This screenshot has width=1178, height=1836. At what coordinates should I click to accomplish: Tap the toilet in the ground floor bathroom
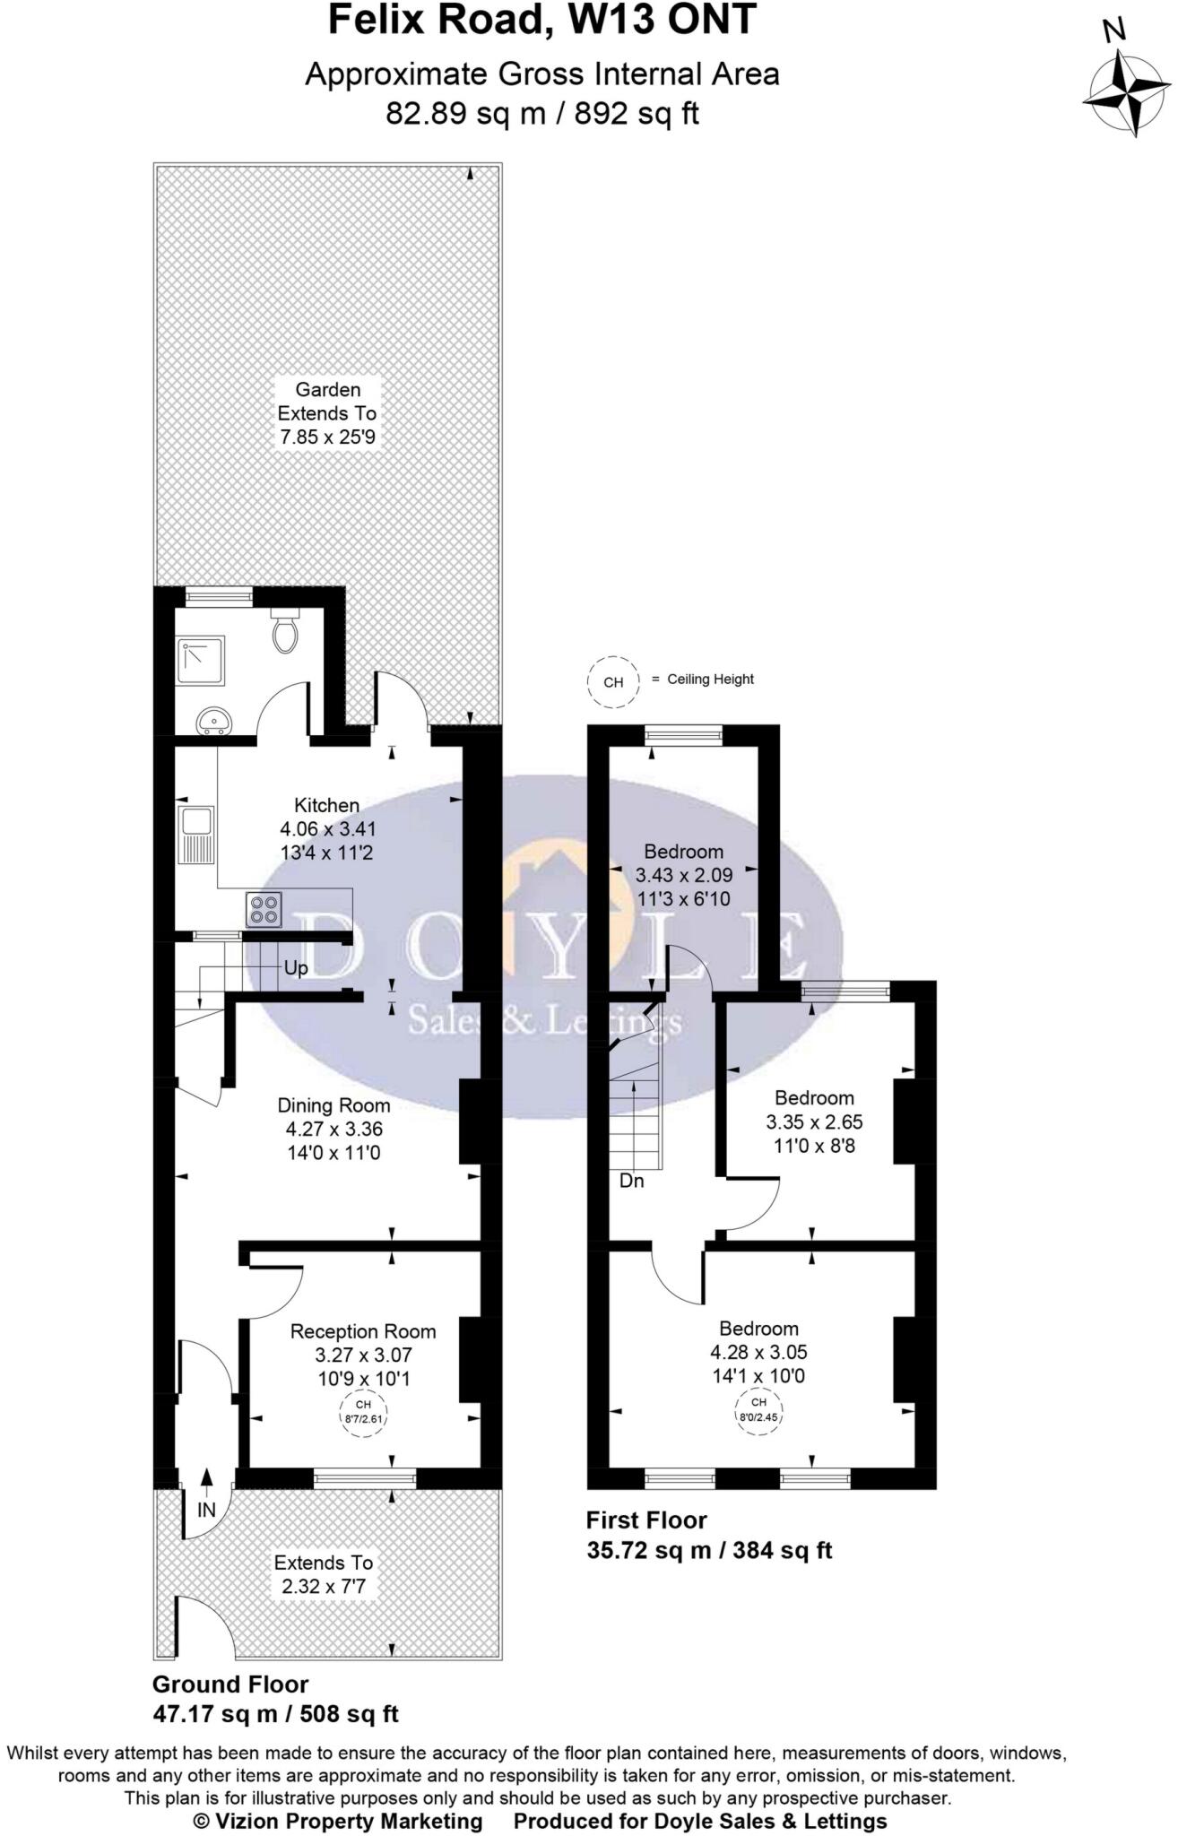pyautogui.click(x=285, y=632)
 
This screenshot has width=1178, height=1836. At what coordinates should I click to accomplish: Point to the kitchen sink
pyautogui.click(x=196, y=835)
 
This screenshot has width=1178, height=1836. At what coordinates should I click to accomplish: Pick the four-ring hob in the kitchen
pyautogui.click(x=264, y=910)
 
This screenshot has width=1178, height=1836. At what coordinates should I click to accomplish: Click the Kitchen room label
pyautogui.click(x=327, y=805)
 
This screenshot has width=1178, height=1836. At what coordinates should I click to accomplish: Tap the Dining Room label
pyautogui.click(x=333, y=1105)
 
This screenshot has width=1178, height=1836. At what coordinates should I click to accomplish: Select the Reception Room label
pyautogui.click(x=363, y=1331)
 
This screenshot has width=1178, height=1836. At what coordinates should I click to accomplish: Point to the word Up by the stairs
pyautogui.click(x=296, y=968)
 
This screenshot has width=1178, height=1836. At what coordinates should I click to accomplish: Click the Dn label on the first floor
pyautogui.click(x=632, y=1181)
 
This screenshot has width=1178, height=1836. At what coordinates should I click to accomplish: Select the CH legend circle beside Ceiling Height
pyautogui.click(x=613, y=682)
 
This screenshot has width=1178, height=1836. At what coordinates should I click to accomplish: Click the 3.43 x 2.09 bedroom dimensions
pyautogui.click(x=683, y=875)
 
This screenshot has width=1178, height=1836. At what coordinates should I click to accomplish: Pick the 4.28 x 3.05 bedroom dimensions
pyautogui.click(x=758, y=1352)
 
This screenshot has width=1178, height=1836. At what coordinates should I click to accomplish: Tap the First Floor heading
pyautogui.click(x=646, y=1520)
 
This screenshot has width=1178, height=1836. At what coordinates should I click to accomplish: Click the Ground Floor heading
pyautogui.click(x=230, y=1684)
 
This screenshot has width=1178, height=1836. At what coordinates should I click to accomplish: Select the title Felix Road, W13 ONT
pyautogui.click(x=542, y=20)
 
